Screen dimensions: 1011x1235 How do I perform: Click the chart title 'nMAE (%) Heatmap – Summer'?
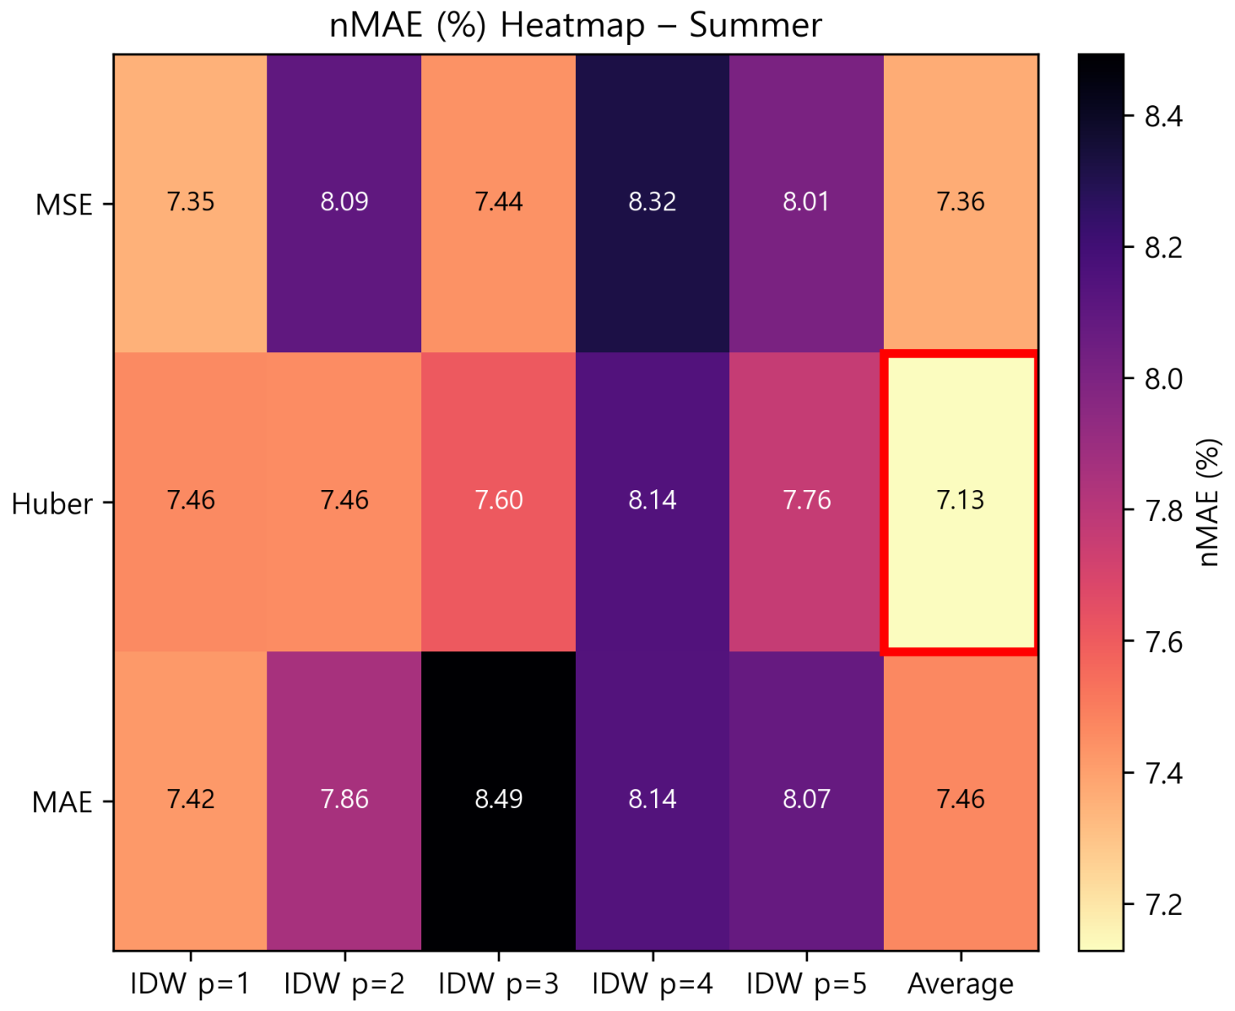pyautogui.click(x=575, y=25)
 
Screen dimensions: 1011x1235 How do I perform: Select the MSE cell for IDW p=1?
pyautogui.click(x=191, y=201)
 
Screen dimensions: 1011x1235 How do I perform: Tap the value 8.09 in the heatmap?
pyautogui.click(x=344, y=201)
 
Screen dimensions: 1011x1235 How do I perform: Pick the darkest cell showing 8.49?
pyautogui.click(x=499, y=799)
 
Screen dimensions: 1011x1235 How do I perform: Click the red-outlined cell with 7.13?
pyautogui.click(x=960, y=500)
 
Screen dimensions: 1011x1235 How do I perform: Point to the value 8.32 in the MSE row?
pyautogui.click(x=652, y=201)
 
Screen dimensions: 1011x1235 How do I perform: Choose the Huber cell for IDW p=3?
pyautogui.click(x=499, y=500)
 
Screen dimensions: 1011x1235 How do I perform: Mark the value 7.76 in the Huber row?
pyautogui.click(x=806, y=500)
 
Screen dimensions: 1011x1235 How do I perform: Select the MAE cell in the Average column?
pyautogui.click(x=960, y=799)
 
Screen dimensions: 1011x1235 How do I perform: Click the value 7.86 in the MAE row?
pyautogui.click(x=344, y=799)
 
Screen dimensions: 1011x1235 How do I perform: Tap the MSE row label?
pyautogui.click(x=64, y=204)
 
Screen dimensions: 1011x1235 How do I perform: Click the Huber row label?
pyautogui.click(x=52, y=504)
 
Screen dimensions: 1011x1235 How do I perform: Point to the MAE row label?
pyautogui.click(x=62, y=802)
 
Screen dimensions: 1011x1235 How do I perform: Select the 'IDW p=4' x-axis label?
pyautogui.click(x=652, y=984)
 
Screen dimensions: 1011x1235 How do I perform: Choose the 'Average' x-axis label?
pyautogui.click(x=960, y=984)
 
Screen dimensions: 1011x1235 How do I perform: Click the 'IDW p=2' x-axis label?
pyautogui.click(x=344, y=984)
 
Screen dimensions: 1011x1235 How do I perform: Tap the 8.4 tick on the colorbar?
pyautogui.click(x=1163, y=117)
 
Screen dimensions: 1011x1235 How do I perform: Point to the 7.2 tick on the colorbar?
pyautogui.click(x=1163, y=904)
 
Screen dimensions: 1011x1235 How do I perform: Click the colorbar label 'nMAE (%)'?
pyautogui.click(x=1210, y=502)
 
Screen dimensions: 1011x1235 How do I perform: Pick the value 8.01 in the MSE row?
pyautogui.click(x=806, y=201)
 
